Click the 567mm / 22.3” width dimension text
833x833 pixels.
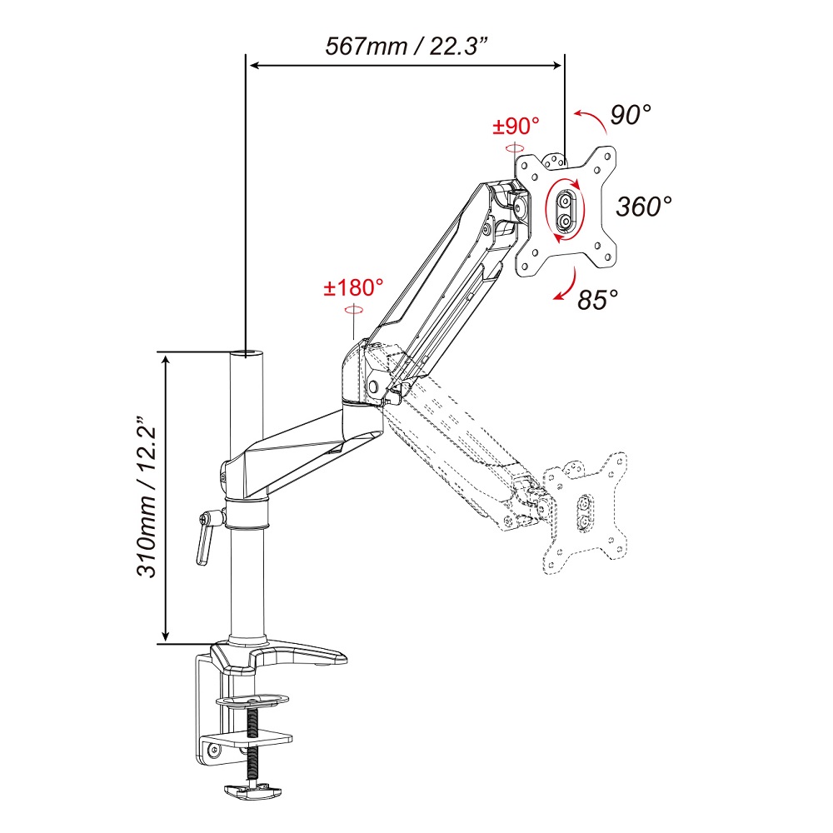pos(406,46)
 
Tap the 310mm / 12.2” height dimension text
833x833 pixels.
pos(146,496)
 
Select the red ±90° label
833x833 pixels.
pos(516,127)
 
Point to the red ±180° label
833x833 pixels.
pos(353,288)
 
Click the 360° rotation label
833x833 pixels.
pos(644,206)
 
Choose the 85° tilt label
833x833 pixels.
pos(598,300)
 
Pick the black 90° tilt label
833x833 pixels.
pos(631,114)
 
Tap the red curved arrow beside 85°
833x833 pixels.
pos(566,284)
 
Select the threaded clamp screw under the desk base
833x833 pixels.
pos(253,747)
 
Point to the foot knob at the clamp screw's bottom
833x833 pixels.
pos(252,791)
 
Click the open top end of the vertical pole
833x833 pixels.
pos(247,353)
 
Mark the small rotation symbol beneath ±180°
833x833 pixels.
pos(353,310)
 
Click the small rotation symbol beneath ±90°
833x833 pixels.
pos(515,147)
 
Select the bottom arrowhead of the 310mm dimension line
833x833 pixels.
pos(167,636)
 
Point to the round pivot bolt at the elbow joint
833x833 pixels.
pos(374,387)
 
